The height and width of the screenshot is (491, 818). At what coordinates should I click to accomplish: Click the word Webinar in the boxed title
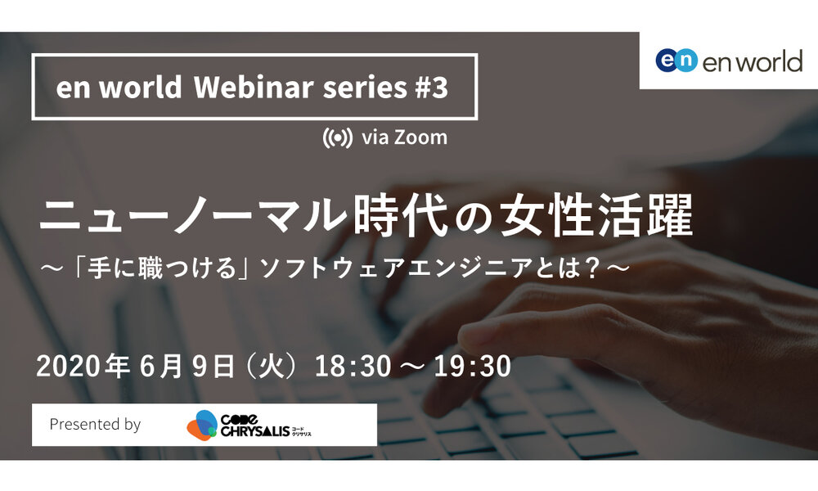click(254, 87)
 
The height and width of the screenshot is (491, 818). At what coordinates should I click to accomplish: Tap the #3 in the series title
click(432, 87)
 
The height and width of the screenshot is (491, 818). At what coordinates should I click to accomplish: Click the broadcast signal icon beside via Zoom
click(337, 137)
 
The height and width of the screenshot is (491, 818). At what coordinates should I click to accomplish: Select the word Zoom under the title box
click(420, 137)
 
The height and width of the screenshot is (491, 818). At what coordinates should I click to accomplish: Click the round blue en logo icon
click(676, 60)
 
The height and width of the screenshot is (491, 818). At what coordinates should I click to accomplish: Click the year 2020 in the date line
click(68, 366)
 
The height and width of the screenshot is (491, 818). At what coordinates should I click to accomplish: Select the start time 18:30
click(353, 366)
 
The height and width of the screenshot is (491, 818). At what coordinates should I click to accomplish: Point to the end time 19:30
click(473, 366)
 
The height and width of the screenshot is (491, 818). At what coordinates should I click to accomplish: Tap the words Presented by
click(95, 424)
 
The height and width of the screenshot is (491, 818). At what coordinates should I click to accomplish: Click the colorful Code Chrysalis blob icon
click(202, 425)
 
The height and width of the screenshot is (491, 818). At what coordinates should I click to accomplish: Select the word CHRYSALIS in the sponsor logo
click(255, 431)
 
